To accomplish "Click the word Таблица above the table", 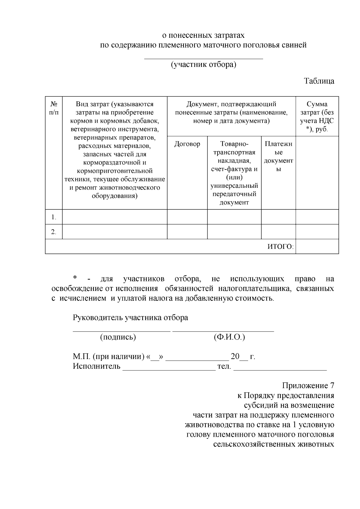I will pos(319,81).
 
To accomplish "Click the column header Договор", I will pos(187,144).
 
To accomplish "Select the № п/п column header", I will pos(54,108).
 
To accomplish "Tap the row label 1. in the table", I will pos(54,217).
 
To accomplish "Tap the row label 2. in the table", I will pos(54,232).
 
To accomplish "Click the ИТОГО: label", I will pos(280,247).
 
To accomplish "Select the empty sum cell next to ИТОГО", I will pos(317,247).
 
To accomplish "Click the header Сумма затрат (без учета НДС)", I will pos(317,117).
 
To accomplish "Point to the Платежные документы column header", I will pos(278,156).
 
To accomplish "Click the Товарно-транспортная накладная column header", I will pos(234,173).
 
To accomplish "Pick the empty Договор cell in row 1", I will pos(187,217).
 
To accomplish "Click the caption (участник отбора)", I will pos(204,65).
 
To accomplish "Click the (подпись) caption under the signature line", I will pos(118,337).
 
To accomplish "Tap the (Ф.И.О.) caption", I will pos(229,337).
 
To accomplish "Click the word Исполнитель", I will pos(96,366).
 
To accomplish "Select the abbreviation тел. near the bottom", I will pos(224,366).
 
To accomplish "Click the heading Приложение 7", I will pos(308,386).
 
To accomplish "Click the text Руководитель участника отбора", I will pos(130,318).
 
